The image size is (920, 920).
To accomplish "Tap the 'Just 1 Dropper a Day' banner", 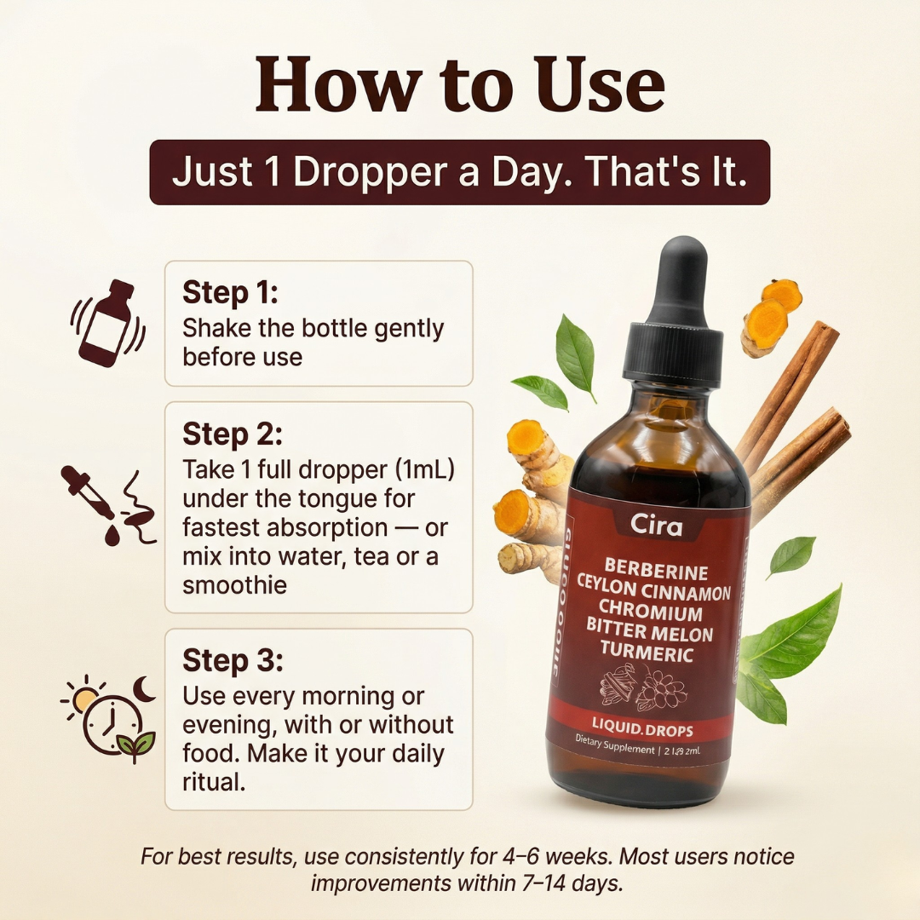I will coord(460,172).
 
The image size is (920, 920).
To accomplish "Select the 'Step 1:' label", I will coord(230,292).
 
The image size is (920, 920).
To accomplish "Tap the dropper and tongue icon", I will coord(108,505).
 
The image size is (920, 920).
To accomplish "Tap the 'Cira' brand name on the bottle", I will coord(656,526).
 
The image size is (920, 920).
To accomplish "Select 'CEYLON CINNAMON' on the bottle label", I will coord(653,592).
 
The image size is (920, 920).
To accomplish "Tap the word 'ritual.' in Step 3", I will coord(214,782).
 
